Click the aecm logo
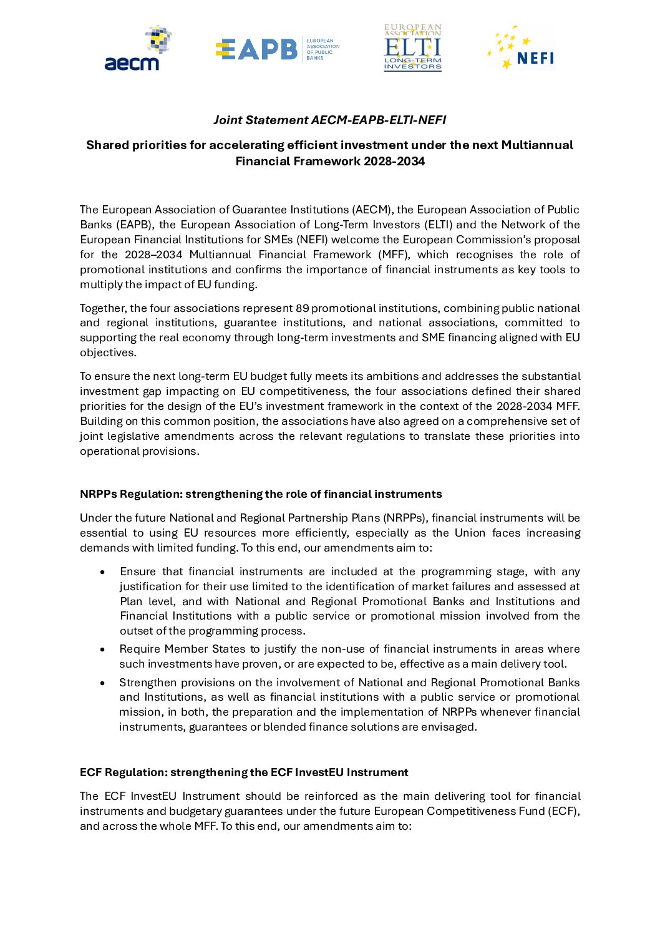pos(132,49)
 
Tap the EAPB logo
pos(277,49)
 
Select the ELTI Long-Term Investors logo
pos(412,48)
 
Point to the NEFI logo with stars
pos(521,49)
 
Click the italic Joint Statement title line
pos(329,120)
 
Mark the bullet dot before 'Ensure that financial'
pos(102,572)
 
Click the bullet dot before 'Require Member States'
pos(102,649)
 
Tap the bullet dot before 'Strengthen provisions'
pos(102,683)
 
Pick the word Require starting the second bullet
pos(140,649)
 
